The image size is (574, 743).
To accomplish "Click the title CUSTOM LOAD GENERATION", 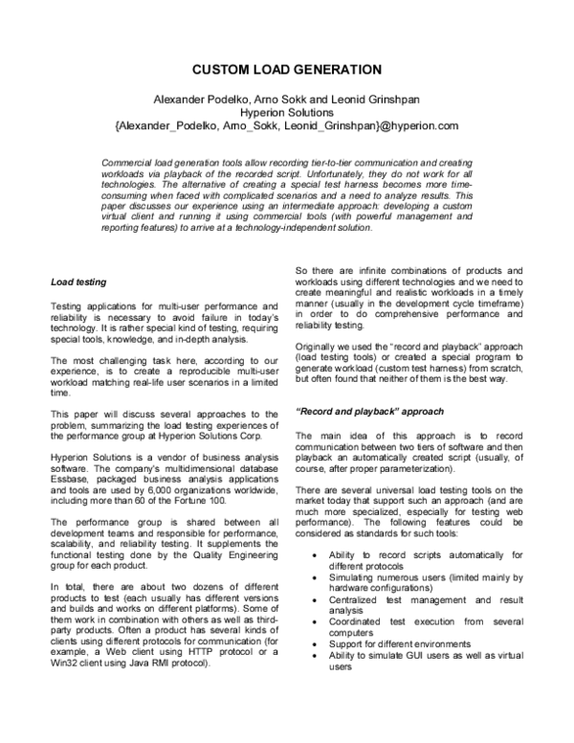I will [x=287, y=70].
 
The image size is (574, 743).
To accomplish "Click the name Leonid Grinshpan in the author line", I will [x=382, y=99].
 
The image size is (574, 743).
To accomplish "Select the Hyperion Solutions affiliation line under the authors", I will [x=287, y=112].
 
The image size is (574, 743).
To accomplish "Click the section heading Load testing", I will [x=77, y=281].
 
